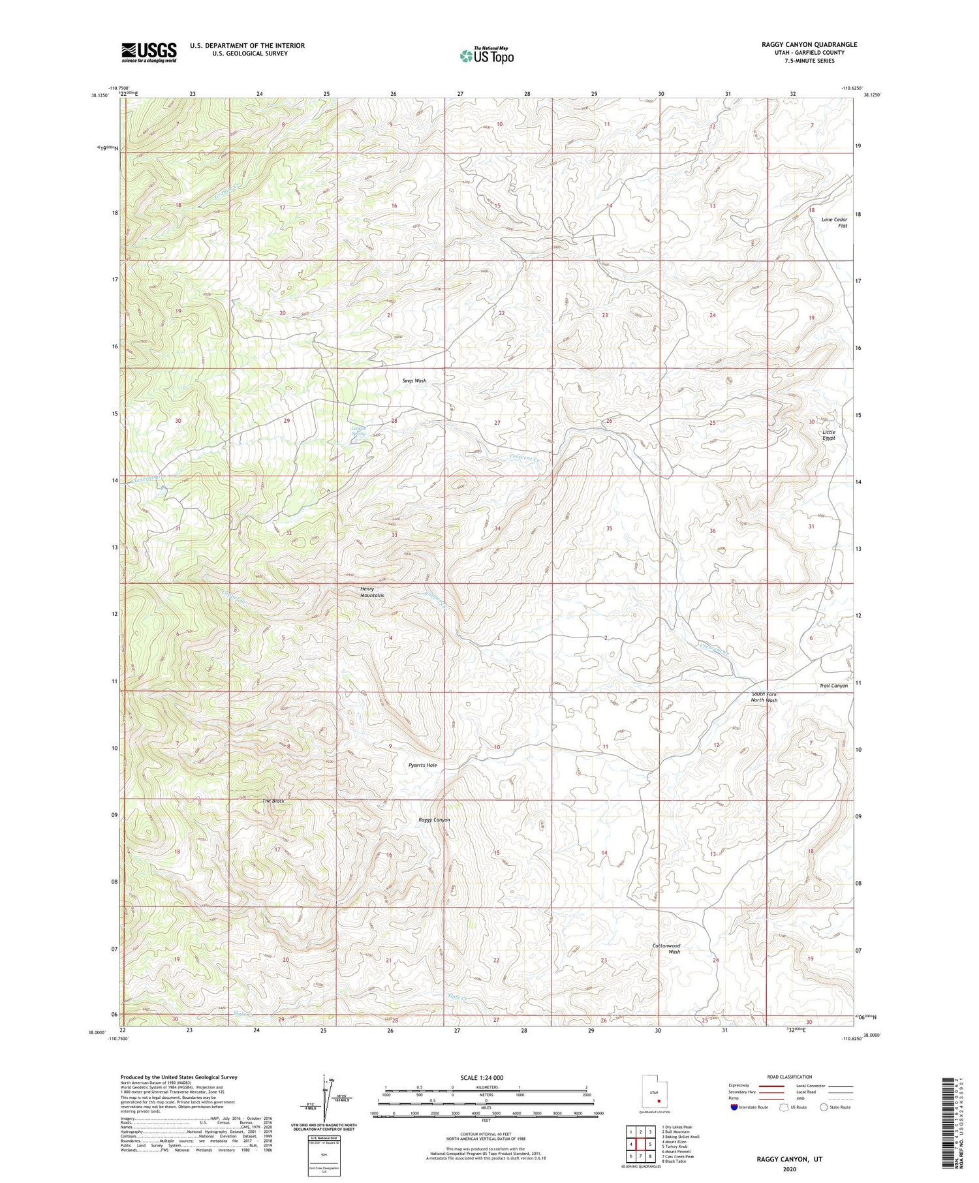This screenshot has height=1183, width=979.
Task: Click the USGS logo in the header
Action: [x=149, y=52]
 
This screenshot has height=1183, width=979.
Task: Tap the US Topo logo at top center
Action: [x=486, y=56]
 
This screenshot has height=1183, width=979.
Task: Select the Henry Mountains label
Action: [x=372, y=592]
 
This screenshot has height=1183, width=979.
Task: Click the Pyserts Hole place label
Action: [x=422, y=765]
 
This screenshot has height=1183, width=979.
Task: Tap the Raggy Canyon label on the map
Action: [x=434, y=820]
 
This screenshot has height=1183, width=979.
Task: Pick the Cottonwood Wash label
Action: [x=666, y=948]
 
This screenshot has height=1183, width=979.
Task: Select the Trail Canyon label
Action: [x=833, y=686]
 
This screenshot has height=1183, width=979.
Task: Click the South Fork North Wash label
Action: [x=764, y=697]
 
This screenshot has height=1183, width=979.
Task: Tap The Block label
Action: [x=273, y=801]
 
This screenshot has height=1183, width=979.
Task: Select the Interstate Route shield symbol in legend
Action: [x=734, y=1107]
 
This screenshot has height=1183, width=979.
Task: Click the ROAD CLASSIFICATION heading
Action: [x=790, y=1077]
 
